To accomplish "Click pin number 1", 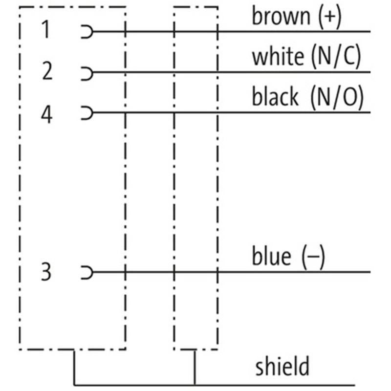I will point(45,31).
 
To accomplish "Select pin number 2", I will point(46,72).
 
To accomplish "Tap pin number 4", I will point(46,115).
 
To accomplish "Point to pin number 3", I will point(46,272).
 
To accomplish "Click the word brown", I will point(281,16).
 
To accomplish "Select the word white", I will point(277,57).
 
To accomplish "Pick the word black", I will point(275,97).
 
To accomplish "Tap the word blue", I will point(271,256).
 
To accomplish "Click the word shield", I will point(282,366).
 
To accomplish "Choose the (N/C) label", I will point(336,57).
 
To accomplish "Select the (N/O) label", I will point(337,97).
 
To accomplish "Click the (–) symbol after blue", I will point(313,257).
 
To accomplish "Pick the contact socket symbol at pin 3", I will point(87,272).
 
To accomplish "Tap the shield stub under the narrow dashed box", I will point(195,367).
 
